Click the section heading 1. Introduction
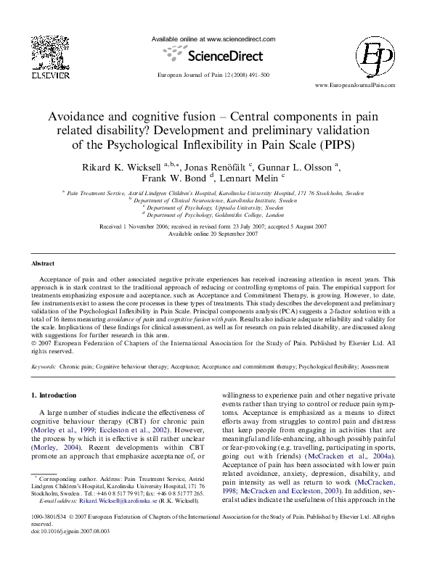(x=54, y=395)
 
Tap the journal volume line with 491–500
(x=213, y=75)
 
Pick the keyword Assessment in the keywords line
(x=378, y=368)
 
